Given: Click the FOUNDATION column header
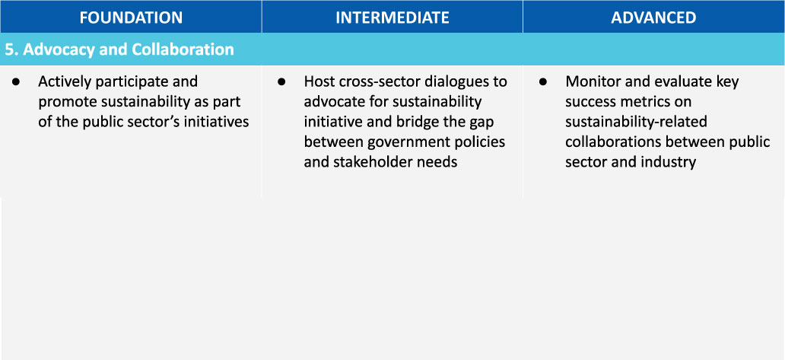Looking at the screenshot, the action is tap(131, 18).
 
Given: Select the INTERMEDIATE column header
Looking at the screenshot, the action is tap(392, 18).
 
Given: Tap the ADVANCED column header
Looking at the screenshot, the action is tap(654, 18).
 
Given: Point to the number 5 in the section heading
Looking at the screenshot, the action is tap(9, 49).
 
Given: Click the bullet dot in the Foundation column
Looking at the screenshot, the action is tap(15, 81).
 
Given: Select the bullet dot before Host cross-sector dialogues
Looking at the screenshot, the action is tap(281, 81).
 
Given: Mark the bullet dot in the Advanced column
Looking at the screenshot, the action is tap(542, 81).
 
